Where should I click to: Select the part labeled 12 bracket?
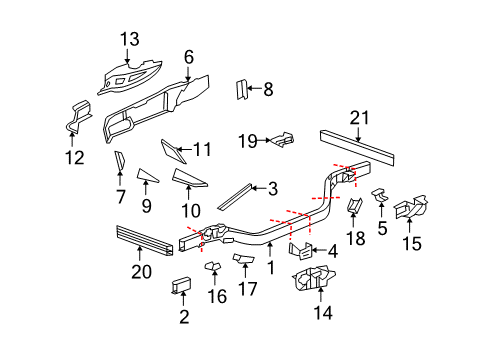77,117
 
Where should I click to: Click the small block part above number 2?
183,286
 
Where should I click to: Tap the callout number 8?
267,90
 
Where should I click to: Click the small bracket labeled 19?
284,139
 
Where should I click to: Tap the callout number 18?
356,241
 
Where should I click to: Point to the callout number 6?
188,57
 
